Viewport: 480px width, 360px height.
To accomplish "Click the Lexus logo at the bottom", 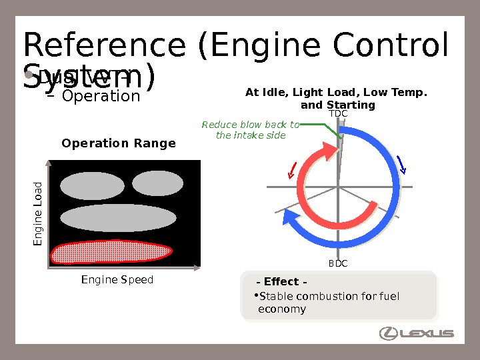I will (x=416, y=333).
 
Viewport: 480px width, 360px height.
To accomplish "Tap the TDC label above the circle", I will (x=339, y=114).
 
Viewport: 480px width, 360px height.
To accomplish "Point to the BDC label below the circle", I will (x=338, y=264).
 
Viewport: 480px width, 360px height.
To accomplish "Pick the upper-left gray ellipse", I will (x=93, y=186).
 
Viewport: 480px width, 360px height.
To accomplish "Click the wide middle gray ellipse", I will (x=117, y=217).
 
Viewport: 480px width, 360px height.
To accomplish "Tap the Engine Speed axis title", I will (x=117, y=280).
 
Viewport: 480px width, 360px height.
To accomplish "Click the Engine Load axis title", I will (x=38, y=213).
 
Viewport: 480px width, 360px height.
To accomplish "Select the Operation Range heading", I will (x=119, y=143).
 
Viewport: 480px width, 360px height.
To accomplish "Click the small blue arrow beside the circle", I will (x=401, y=164).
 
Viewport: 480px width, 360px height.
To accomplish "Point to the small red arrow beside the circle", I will (x=291, y=171).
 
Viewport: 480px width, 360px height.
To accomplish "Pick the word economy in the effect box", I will (x=282, y=309).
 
